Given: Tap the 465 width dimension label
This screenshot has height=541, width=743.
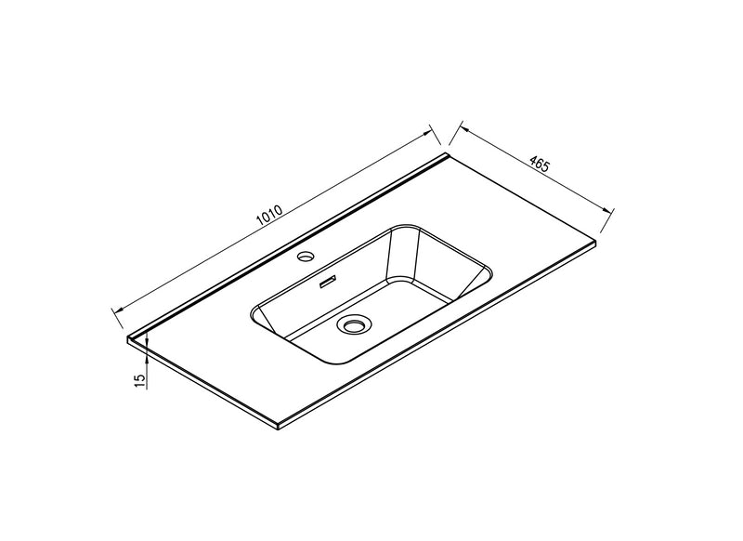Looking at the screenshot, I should [x=539, y=165].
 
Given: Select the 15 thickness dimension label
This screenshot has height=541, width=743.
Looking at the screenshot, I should [x=139, y=380].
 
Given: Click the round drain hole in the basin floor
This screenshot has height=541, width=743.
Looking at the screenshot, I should [x=354, y=324].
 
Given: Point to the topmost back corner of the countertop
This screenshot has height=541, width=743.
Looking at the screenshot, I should [x=449, y=153].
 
